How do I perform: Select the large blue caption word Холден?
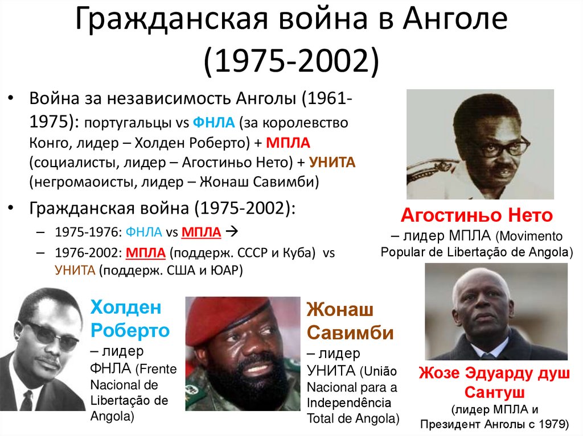pos(126,309)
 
